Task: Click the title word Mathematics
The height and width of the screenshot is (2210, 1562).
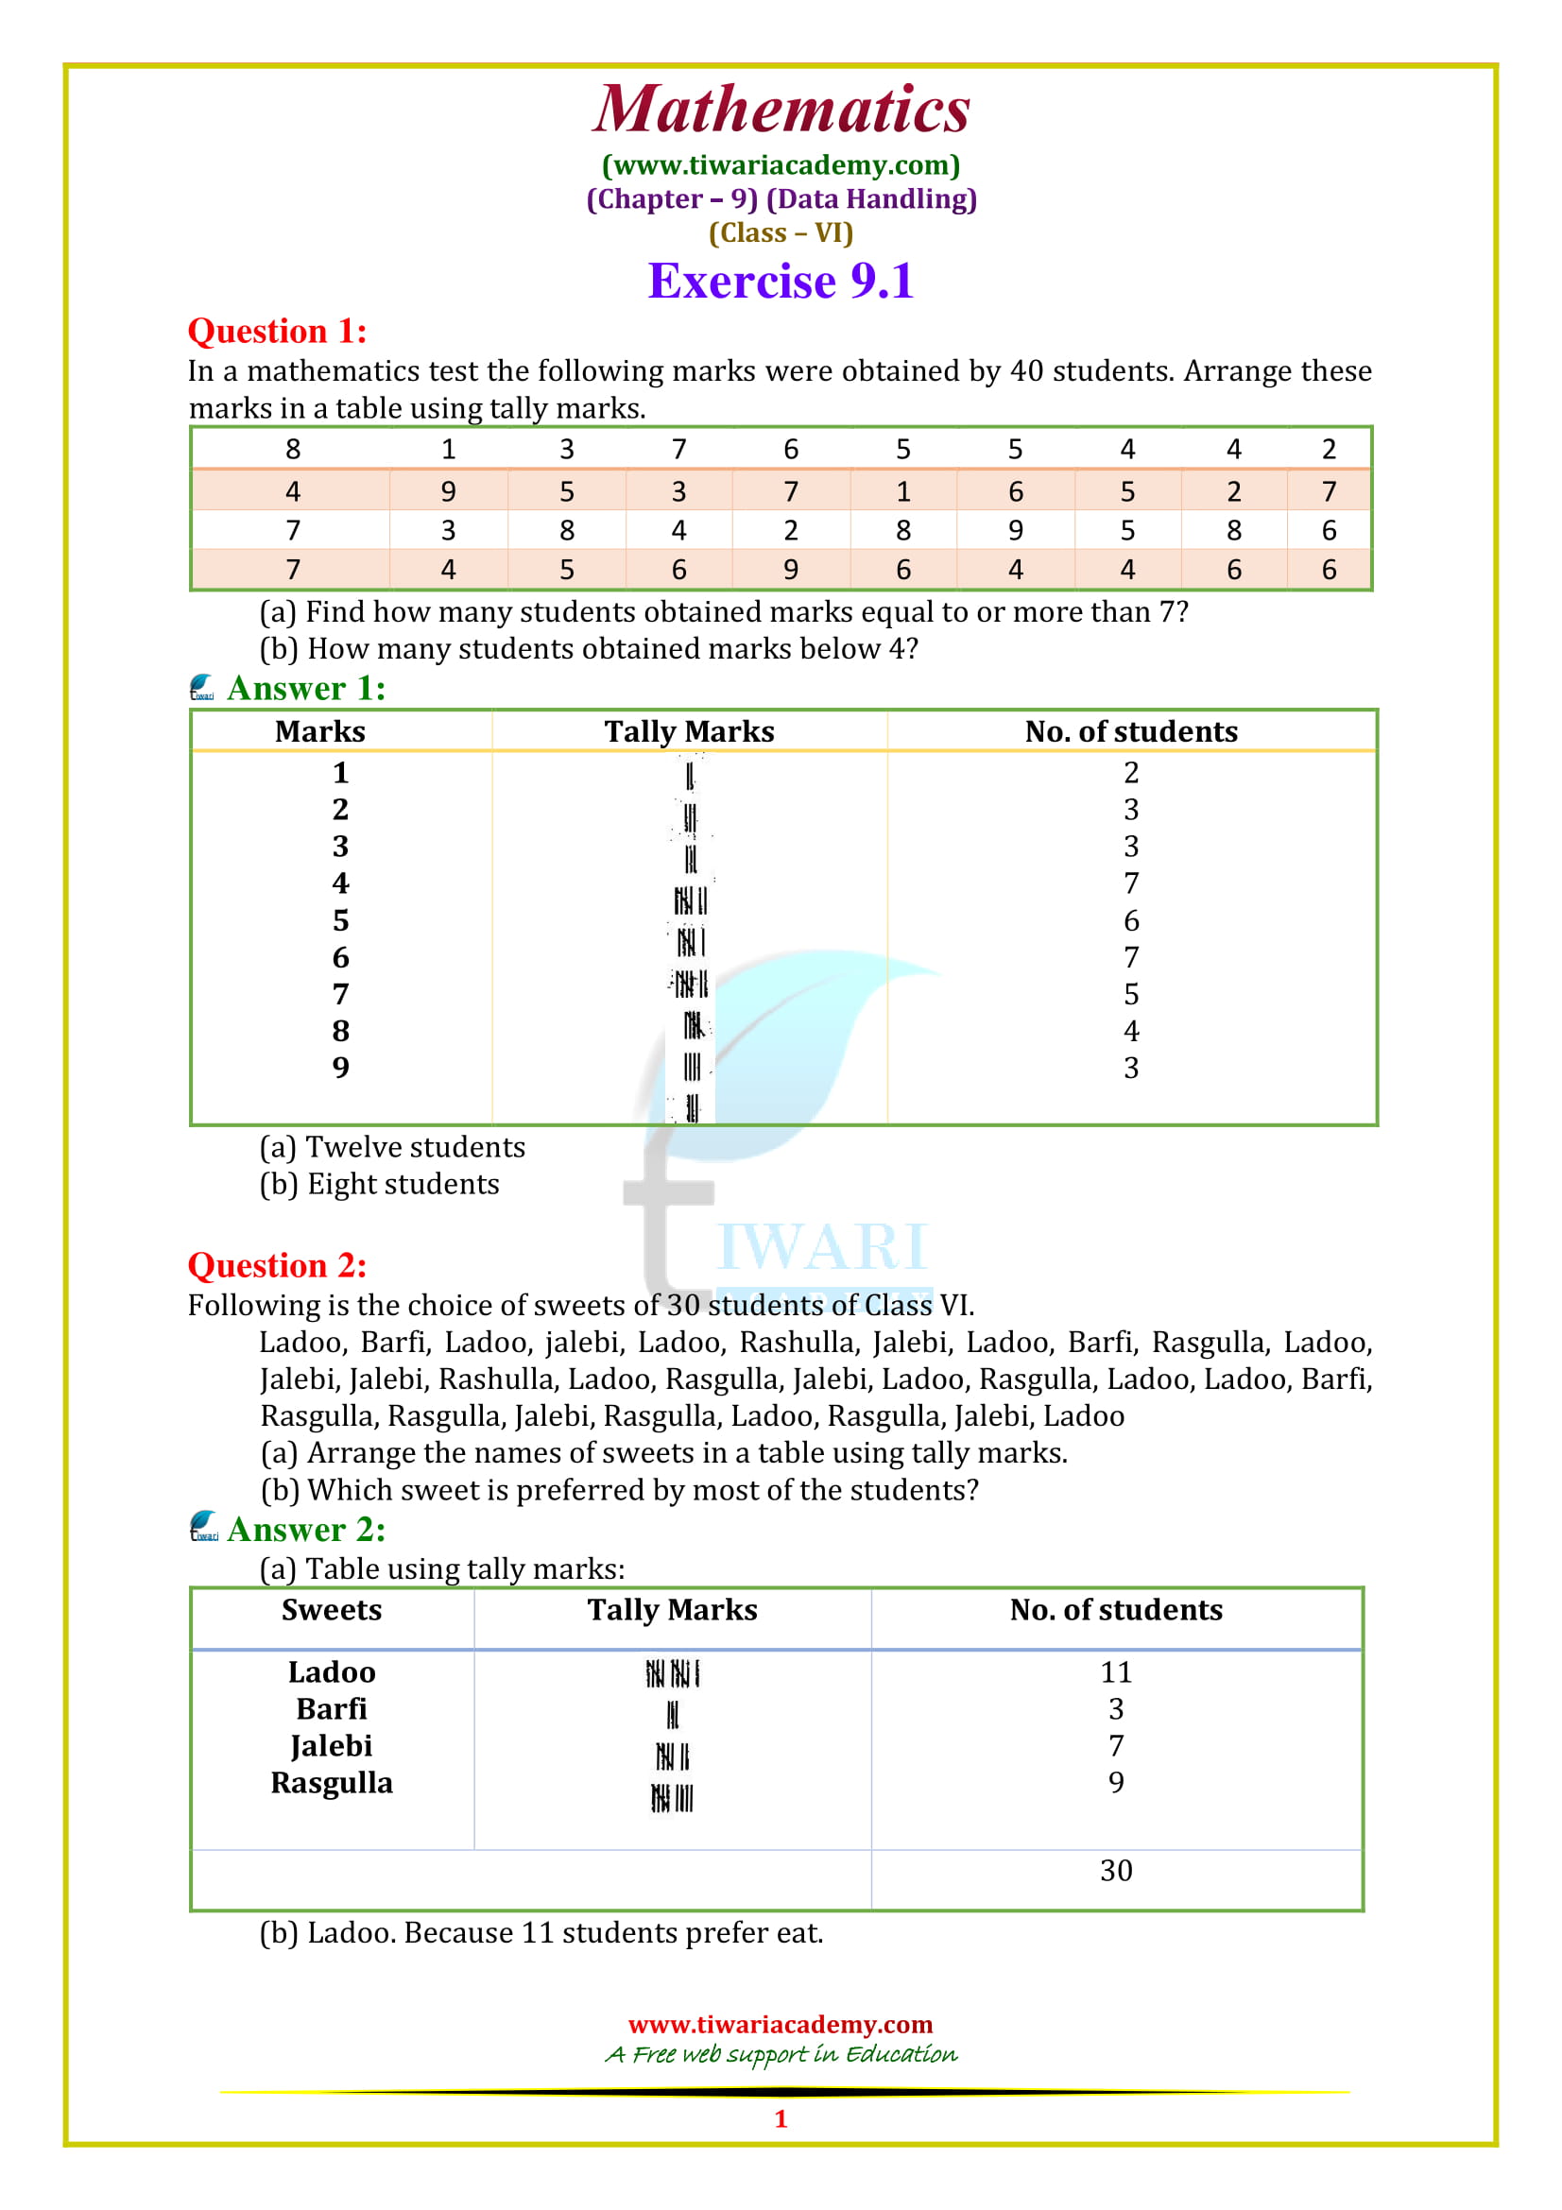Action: pos(781,110)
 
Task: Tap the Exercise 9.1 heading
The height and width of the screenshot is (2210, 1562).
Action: pos(781,281)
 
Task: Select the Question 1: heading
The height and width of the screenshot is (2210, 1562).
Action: pos(277,331)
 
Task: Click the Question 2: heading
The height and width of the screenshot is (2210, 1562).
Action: pos(277,1265)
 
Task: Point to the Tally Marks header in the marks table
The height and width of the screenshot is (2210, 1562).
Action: pos(689,731)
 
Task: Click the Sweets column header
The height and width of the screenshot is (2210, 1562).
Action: pos(331,1609)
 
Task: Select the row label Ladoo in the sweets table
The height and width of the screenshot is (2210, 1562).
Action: pos(331,1672)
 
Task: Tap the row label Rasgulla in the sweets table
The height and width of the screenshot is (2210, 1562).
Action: pos(331,1783)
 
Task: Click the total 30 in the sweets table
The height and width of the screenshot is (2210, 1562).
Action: pos(1115,1870)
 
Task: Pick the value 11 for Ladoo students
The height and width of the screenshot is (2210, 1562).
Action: pos(1115,1672)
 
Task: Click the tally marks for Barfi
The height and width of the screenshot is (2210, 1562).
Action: pos(673,1714)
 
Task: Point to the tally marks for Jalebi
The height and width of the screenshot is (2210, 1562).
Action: pos(673,1756)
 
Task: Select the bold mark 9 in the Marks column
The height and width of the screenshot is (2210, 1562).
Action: pos(341,1068)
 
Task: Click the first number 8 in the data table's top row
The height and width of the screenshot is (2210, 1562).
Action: pos(293,450)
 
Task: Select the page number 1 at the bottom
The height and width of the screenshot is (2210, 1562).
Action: pos(781,2118)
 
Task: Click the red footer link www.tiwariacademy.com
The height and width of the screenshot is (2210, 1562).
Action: pos(781,2024)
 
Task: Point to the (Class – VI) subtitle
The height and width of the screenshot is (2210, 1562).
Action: pos(781,233)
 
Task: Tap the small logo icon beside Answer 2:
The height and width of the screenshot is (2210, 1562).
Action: pos(203,1527)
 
